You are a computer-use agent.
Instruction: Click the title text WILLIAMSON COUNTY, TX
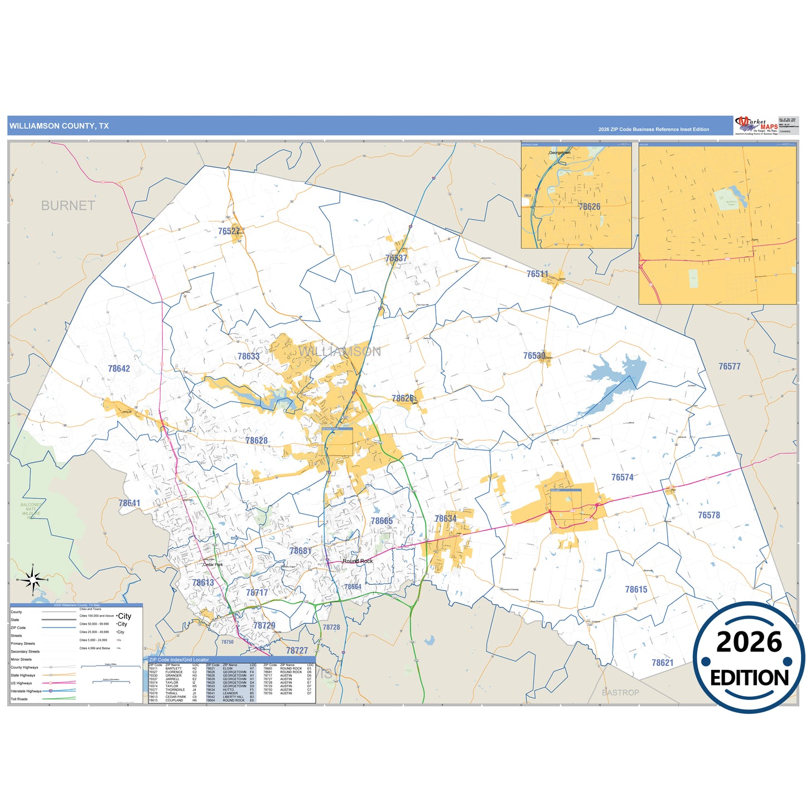pos(59,126)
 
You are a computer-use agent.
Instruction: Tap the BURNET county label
pos(68,206)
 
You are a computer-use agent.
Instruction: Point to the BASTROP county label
pos(620,692)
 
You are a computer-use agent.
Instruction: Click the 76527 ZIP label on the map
pos(229,231)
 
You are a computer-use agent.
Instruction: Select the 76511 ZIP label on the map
pos(537,274)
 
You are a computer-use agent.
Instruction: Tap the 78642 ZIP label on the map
pos(119,369)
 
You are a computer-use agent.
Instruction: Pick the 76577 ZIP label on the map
pos(729,366)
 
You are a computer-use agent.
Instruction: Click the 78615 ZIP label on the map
pos(636,590)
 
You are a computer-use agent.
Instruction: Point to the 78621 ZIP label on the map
pos(662,663)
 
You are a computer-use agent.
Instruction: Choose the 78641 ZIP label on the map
pos(129,503)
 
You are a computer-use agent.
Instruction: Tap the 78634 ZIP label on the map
pos(445,519)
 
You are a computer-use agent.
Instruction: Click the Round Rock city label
pos(358,561)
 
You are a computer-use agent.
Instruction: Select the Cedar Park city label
pos(213,564)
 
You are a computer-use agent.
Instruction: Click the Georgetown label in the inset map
pos(559,152)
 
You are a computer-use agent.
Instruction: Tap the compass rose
pos(33,580)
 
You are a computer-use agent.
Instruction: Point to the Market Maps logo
pos(757,126)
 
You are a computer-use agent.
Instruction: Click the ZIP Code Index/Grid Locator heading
pos(179,660)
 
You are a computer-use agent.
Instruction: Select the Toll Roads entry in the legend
pos(19,699)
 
